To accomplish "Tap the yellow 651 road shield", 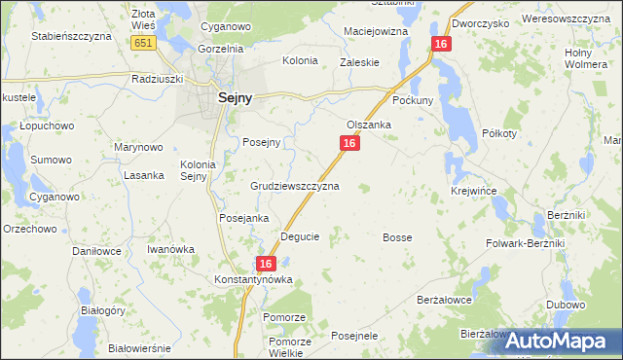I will coord(143,44).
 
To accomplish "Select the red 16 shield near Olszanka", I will coord(350,143).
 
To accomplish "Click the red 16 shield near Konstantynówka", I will coord(268,264).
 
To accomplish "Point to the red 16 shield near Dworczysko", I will coord(442,45).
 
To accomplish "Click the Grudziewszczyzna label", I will coord(295,185).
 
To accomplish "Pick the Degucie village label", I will coord(300,236).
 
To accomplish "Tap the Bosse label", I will coord(397,237).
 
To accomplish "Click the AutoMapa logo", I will coord(562,341).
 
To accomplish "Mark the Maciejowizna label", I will coord(376,32).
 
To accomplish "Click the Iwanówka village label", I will coord(170,249).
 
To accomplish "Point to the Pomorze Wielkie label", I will coord(290,347).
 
